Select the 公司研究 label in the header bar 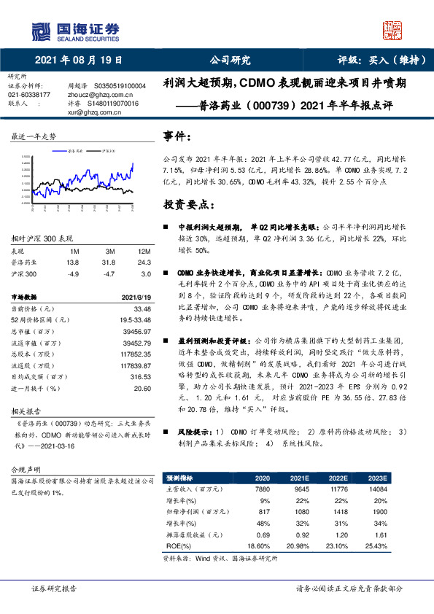230,61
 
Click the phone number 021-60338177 29,95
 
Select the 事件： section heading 178,136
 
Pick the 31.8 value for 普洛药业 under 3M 109,263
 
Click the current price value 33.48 142,309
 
